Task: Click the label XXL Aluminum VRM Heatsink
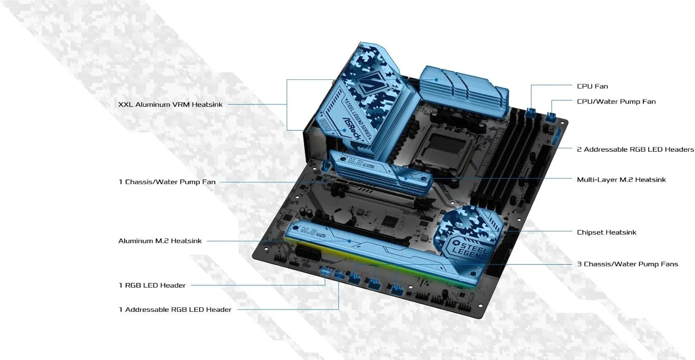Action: coord(171,105)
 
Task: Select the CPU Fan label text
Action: coord(592,86)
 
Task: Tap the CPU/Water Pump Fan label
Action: coord(616,101)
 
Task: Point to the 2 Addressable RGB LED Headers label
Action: coord(635,150)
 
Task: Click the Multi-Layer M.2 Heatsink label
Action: coord(621,180)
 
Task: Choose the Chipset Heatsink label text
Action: coord(606,233)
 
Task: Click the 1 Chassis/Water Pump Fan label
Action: coord(167,182)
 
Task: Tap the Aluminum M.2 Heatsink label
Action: coord(160,241)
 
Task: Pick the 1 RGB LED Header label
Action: coord(152,285)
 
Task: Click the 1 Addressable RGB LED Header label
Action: coord(175,309)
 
